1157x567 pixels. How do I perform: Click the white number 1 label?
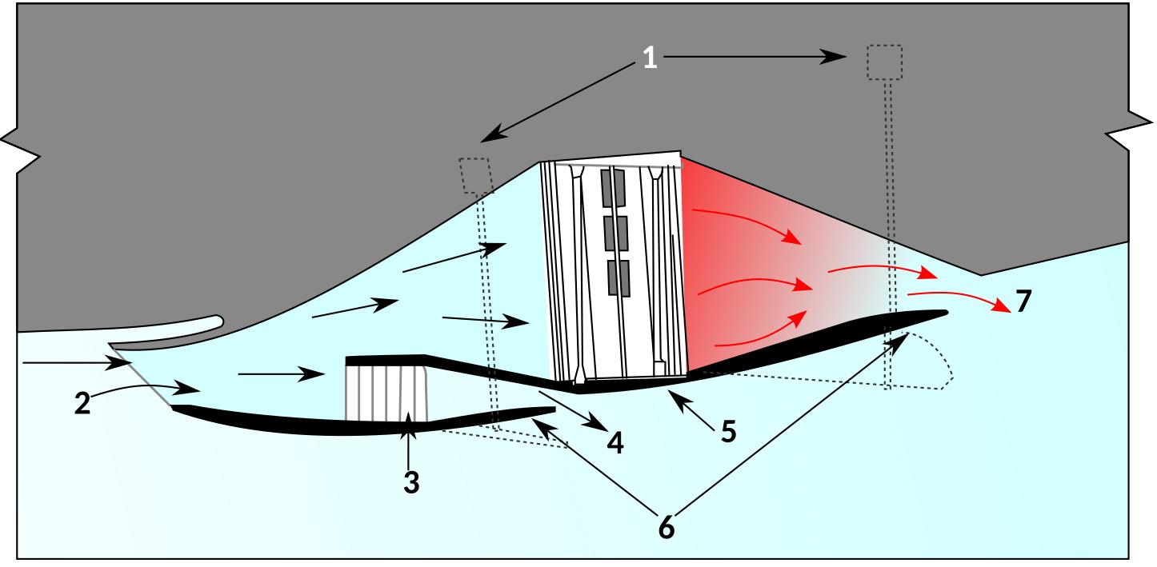tap(650, 58)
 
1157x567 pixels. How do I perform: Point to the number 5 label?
tap(727, 431)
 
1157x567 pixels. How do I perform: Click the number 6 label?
tap(666, 529)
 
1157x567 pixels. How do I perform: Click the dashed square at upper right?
tap(885, 62)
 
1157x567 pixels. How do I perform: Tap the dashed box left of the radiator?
tap(474, 174)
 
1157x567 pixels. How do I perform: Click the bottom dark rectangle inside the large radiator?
tap(618, 277)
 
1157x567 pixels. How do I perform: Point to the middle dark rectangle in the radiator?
tap(616, 233)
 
